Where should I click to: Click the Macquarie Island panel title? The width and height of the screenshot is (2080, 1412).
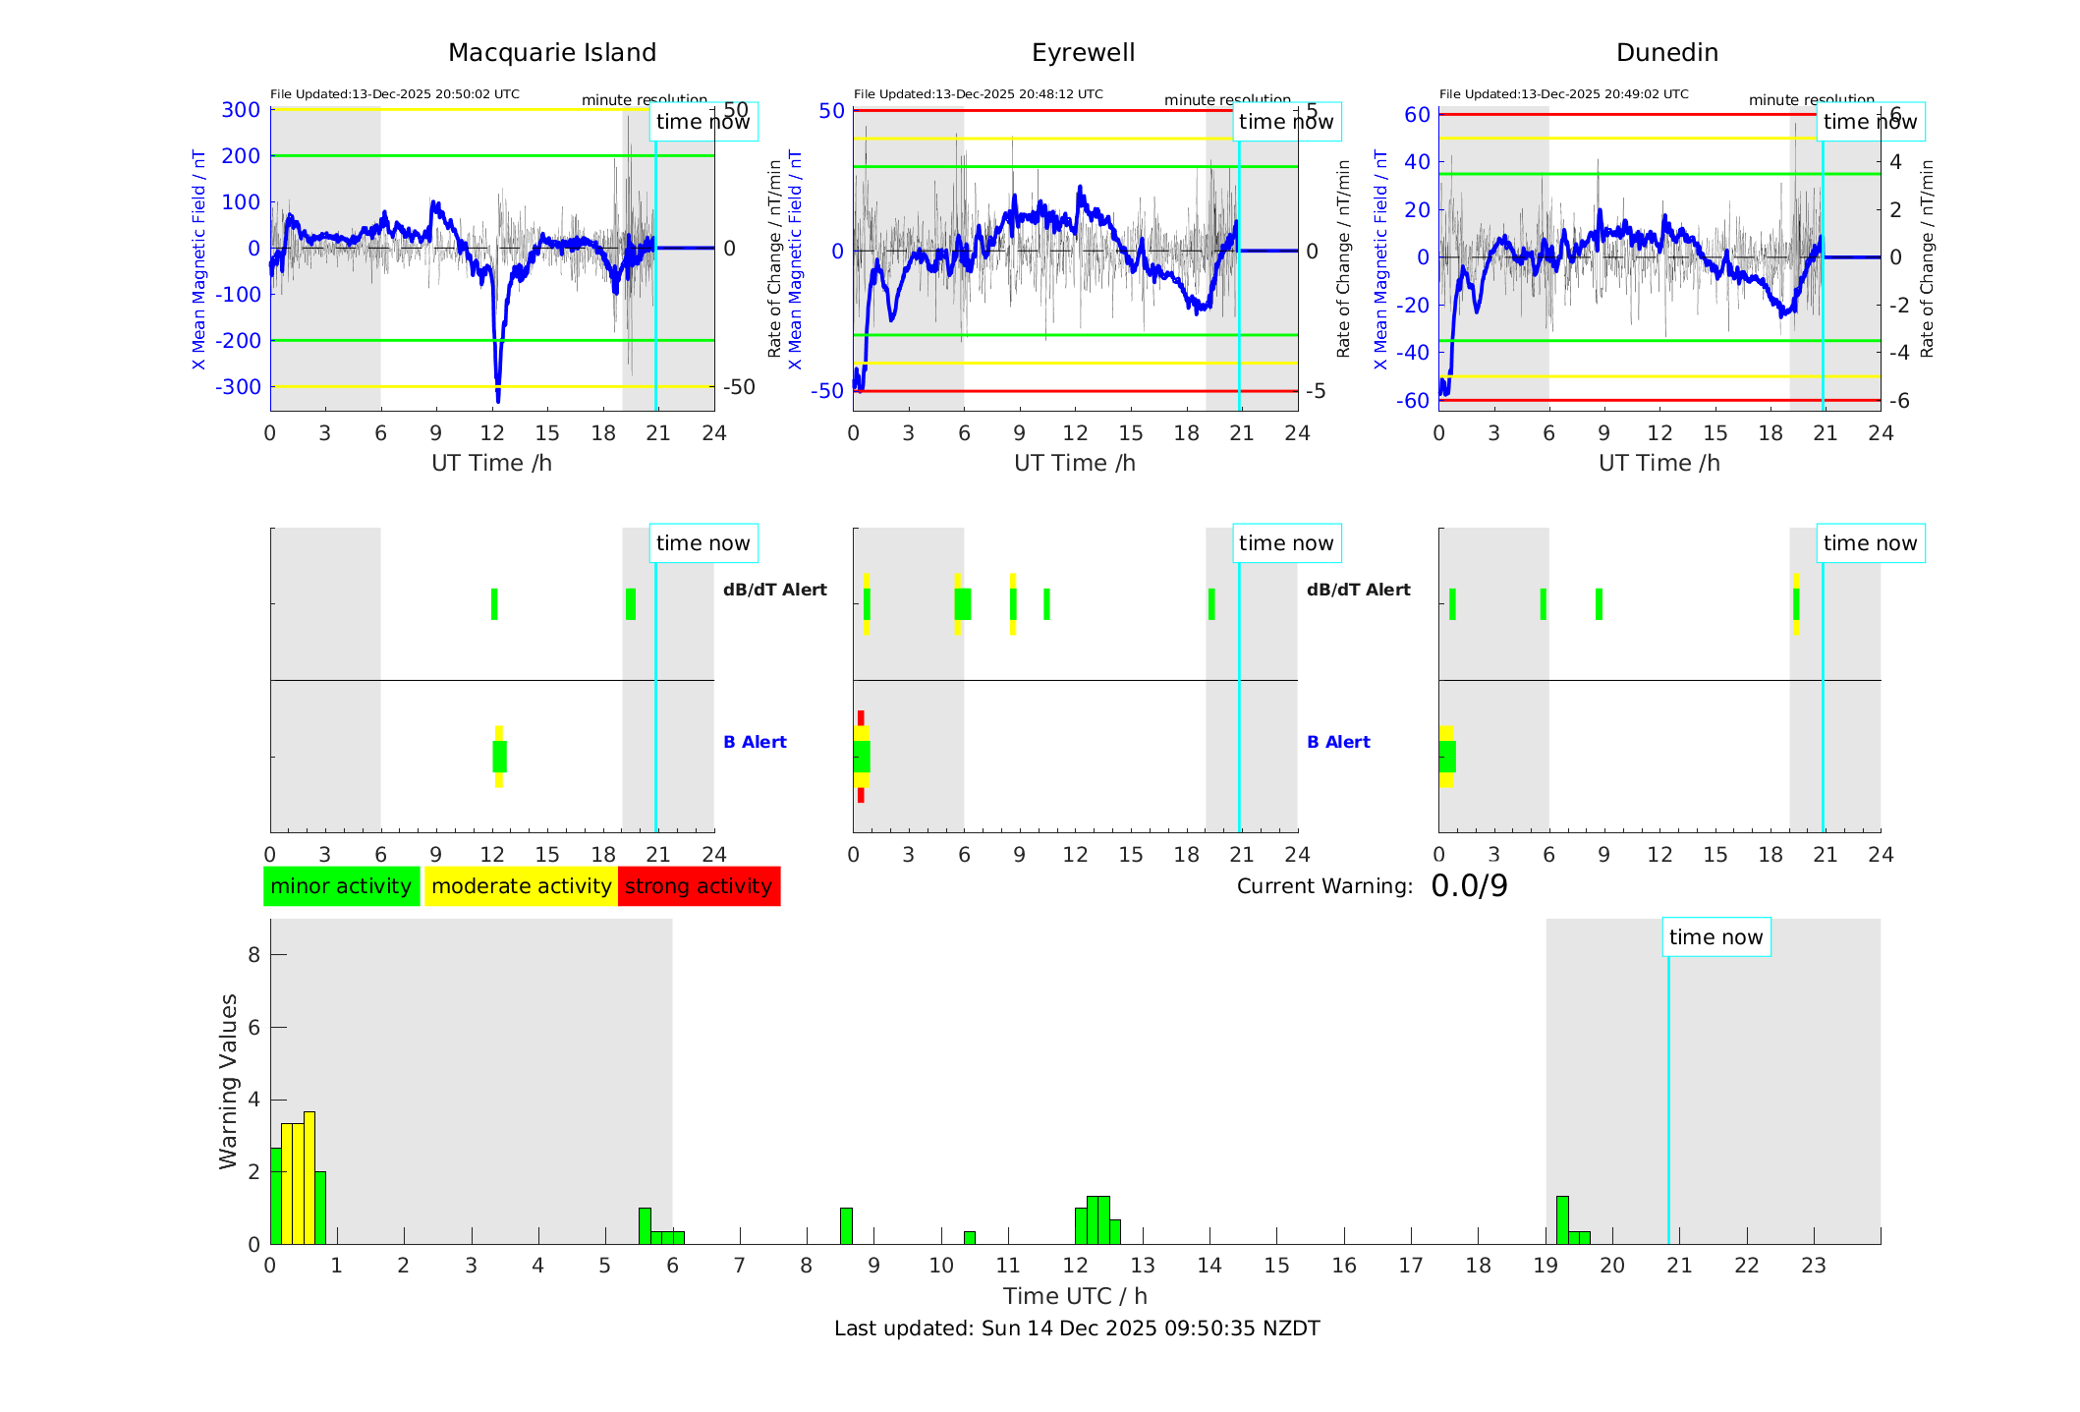coord(551,53)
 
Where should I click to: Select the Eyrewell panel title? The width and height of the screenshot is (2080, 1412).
coord(1083,53)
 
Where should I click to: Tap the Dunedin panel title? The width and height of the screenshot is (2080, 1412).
coord(1666,53)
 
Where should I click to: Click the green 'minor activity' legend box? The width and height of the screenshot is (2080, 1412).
coord(341,886)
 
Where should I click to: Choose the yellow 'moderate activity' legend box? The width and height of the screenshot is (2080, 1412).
coord(521,886)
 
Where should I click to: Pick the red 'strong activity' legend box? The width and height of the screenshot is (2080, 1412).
coord(699,886)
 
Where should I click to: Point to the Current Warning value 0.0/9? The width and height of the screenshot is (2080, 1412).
coord(1469,886)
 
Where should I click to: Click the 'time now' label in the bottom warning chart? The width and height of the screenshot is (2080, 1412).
coord(1715,937)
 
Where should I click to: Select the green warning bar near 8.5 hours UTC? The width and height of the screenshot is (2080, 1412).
coord(846,1226)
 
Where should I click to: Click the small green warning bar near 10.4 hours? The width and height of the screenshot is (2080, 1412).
coord(970,1238)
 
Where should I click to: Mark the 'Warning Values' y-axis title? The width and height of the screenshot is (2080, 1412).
coord(229,1081)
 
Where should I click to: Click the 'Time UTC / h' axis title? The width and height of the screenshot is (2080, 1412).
coord(1075,1296)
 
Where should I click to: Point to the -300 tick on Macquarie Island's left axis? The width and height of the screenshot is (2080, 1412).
coord(239,387)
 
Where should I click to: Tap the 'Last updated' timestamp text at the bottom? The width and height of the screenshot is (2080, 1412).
coord(1077,1328)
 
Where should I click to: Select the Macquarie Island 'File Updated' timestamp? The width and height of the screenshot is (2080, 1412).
coord(395,94)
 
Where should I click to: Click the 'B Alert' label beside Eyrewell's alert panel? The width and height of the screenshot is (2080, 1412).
coord(1338,742)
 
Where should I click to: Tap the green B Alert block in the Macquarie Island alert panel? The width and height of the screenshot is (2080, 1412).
coord(499,757)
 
